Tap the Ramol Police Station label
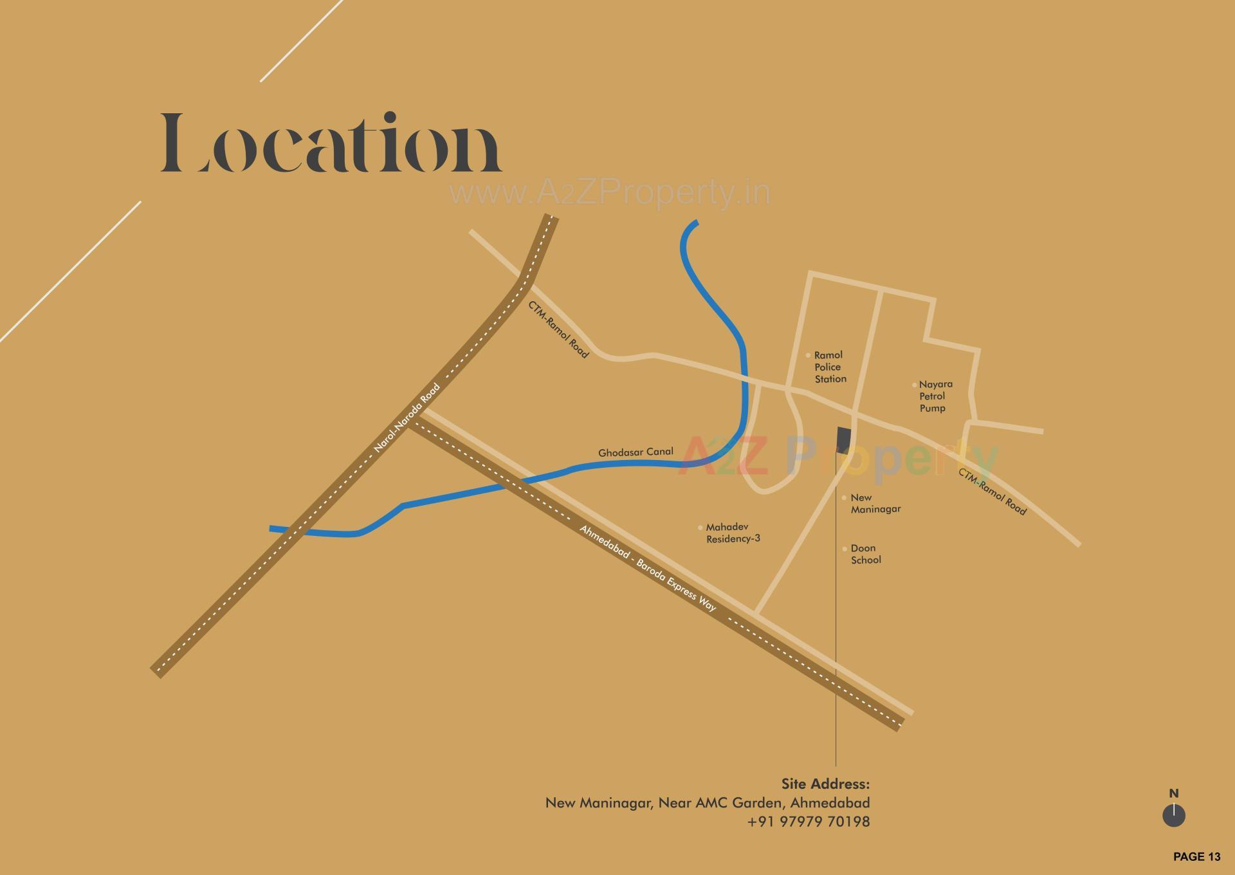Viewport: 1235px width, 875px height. click(829, 367)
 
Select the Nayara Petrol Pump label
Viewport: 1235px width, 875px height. click(935, 396)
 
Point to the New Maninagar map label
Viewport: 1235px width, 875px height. click(875, 503)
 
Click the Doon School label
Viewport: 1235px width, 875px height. click(865, 554)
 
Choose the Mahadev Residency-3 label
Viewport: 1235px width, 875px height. click(733, 533)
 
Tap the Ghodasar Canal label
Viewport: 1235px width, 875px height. click(636, 452)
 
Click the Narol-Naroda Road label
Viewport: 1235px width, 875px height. click(407, 419)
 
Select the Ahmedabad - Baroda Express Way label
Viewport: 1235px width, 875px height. click(648, 568)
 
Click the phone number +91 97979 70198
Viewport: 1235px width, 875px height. click(809, 822)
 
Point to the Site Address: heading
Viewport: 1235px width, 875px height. click(825, 784)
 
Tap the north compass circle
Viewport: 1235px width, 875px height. click(1174, 816)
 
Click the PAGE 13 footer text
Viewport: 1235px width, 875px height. click(1196, 856)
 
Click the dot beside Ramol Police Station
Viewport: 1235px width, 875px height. click(809, 355)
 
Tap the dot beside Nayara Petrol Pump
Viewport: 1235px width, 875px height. click(914, 385)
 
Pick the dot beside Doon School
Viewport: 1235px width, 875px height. click(845, 549)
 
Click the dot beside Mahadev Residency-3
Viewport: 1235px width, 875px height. click(700, 528)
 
